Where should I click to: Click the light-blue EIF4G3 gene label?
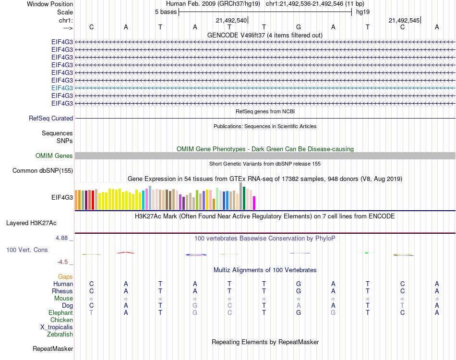point(62,88)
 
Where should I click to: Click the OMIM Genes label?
point(54,156)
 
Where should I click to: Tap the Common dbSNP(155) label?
point(43,170)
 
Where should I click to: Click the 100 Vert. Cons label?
point(27,250)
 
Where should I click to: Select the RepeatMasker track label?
point(53,348)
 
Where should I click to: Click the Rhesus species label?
point(63,291)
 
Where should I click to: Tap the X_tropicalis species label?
point(57,327)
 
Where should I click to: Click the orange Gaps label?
point(65,276)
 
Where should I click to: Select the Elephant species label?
point(60,312)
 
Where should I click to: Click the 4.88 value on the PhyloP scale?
point(63,238)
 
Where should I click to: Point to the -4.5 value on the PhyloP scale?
point(62,262)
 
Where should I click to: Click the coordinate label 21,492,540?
point(231,20)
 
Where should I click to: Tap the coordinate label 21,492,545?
point(404,20)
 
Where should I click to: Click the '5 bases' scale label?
point(166,12)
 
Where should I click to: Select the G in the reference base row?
point(299,27)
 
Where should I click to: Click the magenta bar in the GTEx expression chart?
point(254,203)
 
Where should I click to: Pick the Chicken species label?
point(62,320)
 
